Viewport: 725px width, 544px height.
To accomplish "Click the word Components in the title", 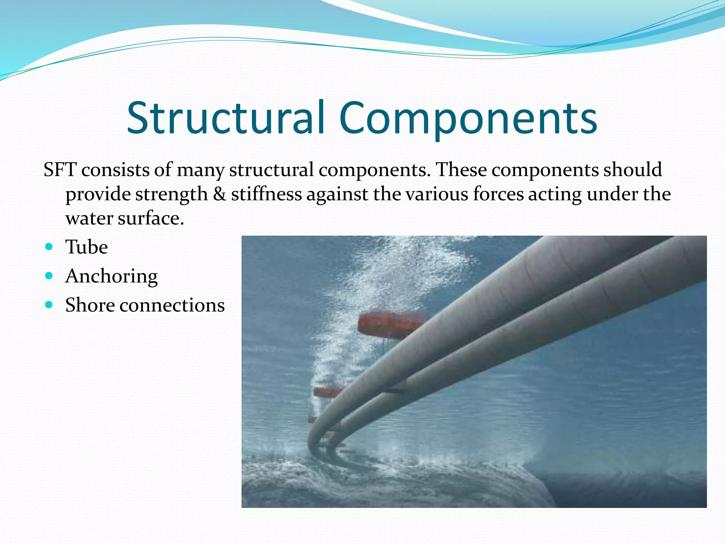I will coord(468,118).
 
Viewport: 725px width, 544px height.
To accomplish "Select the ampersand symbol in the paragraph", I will coord(219,194).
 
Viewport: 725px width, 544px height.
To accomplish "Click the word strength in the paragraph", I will coord(171,194).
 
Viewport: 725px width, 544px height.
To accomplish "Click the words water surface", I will coord(125,218).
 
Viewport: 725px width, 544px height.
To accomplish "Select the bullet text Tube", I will coord(86,247).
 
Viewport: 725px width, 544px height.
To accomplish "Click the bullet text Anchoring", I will coord(111,276).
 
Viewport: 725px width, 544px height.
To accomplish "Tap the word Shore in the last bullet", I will coord(90,305).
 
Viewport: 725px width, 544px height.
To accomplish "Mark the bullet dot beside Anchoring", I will coord(49,275).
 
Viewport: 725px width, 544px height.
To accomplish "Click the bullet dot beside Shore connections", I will coord(49,304).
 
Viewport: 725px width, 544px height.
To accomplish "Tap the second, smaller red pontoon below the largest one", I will coord(327,392).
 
